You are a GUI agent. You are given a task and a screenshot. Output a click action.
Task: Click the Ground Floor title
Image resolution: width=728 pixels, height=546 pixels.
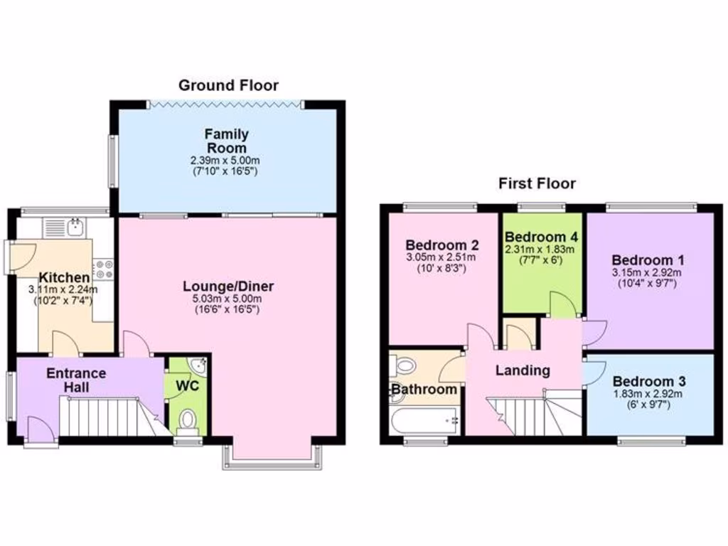[228, 86]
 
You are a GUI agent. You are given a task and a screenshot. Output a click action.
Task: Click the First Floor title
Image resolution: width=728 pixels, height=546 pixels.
[536, 183]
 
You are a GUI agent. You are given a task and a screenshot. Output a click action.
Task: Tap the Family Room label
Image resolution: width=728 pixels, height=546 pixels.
[226, 141]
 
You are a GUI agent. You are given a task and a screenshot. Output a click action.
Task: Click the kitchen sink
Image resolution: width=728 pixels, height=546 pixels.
[74, 227]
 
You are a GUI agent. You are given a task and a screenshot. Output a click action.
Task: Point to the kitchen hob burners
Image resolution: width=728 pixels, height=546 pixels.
[104, 269]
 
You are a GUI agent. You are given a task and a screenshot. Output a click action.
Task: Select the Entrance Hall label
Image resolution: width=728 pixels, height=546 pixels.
[76, 380]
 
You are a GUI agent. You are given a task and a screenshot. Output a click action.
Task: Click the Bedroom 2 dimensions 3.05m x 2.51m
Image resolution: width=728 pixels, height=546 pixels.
[441, 257]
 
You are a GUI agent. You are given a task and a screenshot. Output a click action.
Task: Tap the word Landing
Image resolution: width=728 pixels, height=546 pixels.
[523, 370]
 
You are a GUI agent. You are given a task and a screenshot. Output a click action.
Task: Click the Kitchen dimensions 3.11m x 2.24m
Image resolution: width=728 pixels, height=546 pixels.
[63, 289]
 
